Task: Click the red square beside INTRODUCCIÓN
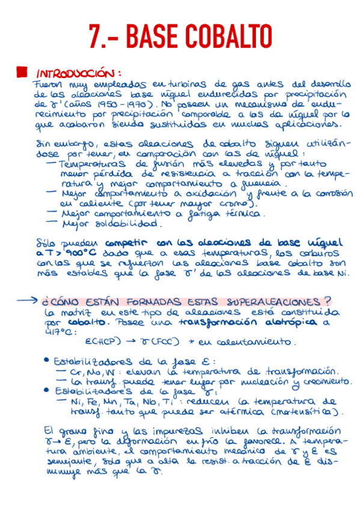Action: [22, 72]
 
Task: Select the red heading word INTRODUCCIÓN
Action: [79, 72]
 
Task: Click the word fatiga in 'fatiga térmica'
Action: [195, 214]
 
